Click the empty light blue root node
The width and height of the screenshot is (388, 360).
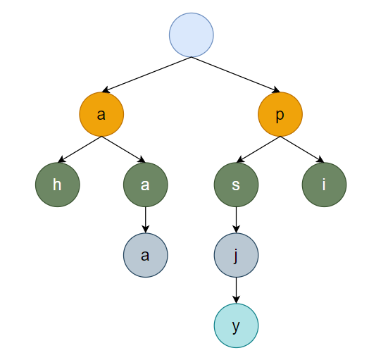click(x=192, y=35)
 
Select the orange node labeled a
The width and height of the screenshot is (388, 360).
click(x=101, y=114)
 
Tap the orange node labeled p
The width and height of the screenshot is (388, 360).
click(x=280, y=114)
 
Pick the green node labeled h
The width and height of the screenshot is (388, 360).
click(x=58, y=185)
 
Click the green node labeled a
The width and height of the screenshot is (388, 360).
click(x=146, y=185)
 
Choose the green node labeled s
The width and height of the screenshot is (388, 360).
click(x=236, y=185)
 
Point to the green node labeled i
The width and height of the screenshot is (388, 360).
click(x=324, y=185)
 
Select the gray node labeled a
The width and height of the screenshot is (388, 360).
click(x=146, y=255)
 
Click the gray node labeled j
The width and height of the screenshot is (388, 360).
click(x=236, y=255)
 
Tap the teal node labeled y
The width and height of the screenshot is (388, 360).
click(x=236, y=325)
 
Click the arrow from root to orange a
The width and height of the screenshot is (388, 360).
click(x=146, y=75)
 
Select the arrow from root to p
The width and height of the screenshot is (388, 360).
click(x=236, y=75)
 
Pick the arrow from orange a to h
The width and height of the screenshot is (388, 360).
click(x=80, y=149)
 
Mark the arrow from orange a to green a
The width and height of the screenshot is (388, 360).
click(x=123, y=149)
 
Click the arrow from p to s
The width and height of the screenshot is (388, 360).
click(x=258, y=149)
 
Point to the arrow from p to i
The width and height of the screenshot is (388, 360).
click(x=302, y=149)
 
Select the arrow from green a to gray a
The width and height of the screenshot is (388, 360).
click(x=146, y=220)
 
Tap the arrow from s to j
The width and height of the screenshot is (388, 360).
click(x=236, y=220)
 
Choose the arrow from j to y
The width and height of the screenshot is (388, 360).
click(x=236, y=290)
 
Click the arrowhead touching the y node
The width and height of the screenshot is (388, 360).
click(x=236, y=300)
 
